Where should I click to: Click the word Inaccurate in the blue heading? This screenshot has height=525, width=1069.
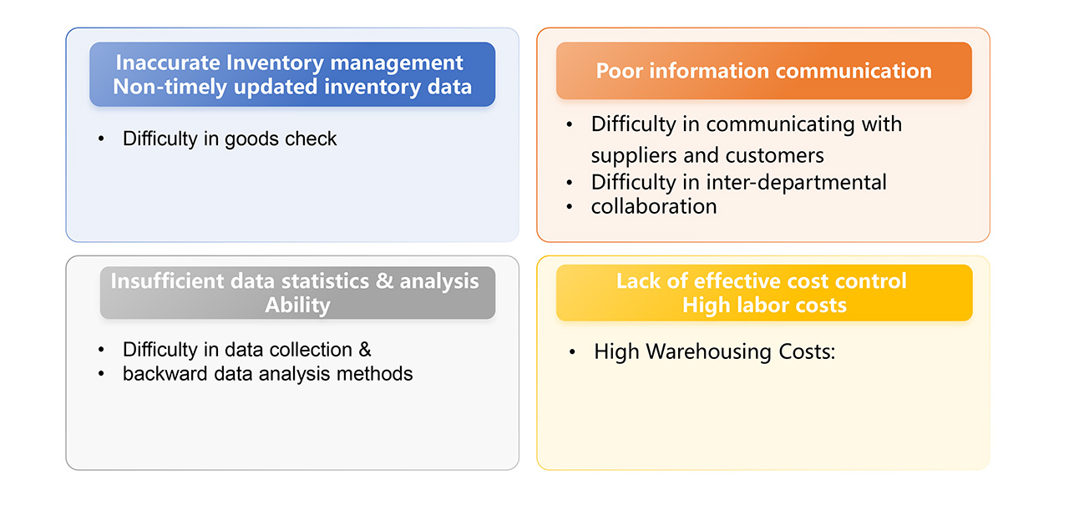(168, 63)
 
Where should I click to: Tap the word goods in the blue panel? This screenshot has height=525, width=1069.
(251, 139)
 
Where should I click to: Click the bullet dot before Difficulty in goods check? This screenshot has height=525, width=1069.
(101, 139)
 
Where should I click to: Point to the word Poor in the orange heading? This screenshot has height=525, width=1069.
(619, 71)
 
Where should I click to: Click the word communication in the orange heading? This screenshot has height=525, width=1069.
(854, 71)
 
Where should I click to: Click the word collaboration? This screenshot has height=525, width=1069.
(654, 206)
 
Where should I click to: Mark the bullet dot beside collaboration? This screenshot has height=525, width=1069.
(570, 206)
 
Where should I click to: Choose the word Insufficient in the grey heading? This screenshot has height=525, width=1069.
(169, 280)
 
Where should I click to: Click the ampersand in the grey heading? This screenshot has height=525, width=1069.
(385, 280)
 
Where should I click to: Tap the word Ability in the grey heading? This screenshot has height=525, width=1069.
(297, 305)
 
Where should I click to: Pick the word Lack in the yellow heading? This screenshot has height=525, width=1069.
(638, 280)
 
